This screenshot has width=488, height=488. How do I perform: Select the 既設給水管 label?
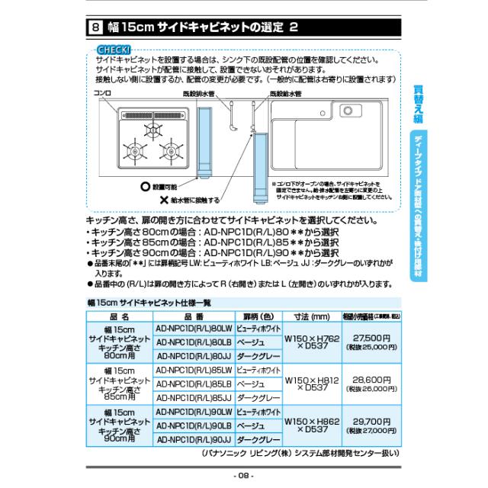click(285, 94)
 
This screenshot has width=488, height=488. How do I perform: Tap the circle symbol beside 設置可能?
click(124, 185)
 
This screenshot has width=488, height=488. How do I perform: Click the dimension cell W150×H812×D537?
click(311, 382)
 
